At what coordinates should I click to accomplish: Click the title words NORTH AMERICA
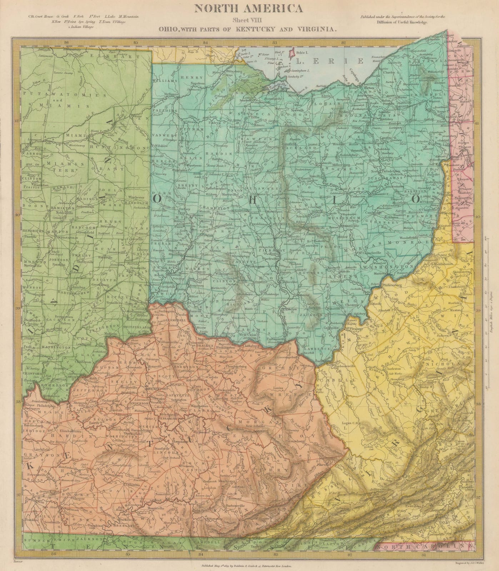tap(250, 8)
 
